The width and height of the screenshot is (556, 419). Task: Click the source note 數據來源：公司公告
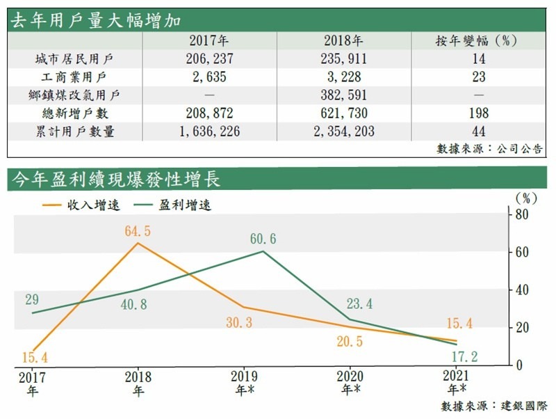point(489,148)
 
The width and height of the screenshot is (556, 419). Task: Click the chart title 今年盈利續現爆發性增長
point(114,180)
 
